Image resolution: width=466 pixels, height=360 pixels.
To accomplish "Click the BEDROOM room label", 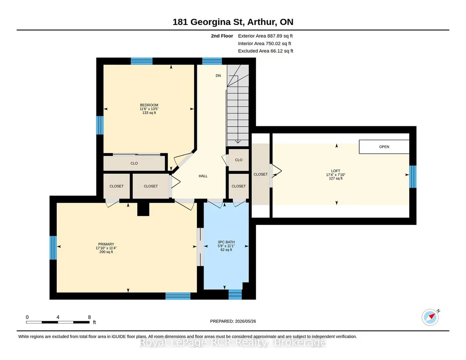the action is (x=149, y=105).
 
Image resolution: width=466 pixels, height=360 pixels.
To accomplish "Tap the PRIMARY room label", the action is (x=106, y=244).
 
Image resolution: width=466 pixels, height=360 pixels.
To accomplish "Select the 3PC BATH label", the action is (x=226, y=242).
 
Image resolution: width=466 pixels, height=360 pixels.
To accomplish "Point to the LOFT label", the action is (x=336, y=171).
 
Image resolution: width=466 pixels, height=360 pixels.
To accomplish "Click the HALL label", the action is (x=203, y=176).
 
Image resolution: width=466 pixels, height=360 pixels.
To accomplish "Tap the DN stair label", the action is (x=218, y=76).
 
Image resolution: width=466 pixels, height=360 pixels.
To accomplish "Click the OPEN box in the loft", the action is (x=384, y=147).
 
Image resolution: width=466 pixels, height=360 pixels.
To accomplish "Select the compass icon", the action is (x=431, y=317).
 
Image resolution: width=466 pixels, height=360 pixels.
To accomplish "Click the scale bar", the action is (x=58, y=322).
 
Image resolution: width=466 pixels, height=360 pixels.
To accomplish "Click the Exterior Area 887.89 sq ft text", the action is (x=265, y=36).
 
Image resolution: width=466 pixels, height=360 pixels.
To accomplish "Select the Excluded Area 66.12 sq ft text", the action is (x=266, y=51).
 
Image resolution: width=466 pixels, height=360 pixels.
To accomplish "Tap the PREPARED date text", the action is (x=233, y=321).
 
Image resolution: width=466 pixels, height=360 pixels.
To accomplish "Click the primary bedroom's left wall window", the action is (x=53, y=248).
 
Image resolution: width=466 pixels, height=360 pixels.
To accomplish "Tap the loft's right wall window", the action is (x=413, y=177).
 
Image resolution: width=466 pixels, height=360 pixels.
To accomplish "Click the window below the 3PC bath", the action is (x=235, y=295).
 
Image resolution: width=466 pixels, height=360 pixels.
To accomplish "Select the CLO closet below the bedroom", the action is (x=134, y=163).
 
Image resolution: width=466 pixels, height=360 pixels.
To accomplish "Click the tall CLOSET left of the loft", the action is (x=261, y=175).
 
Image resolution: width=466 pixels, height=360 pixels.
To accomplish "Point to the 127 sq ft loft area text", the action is (x=336, y=179).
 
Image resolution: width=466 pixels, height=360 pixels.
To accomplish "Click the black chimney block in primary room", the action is (x=143, y=209).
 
